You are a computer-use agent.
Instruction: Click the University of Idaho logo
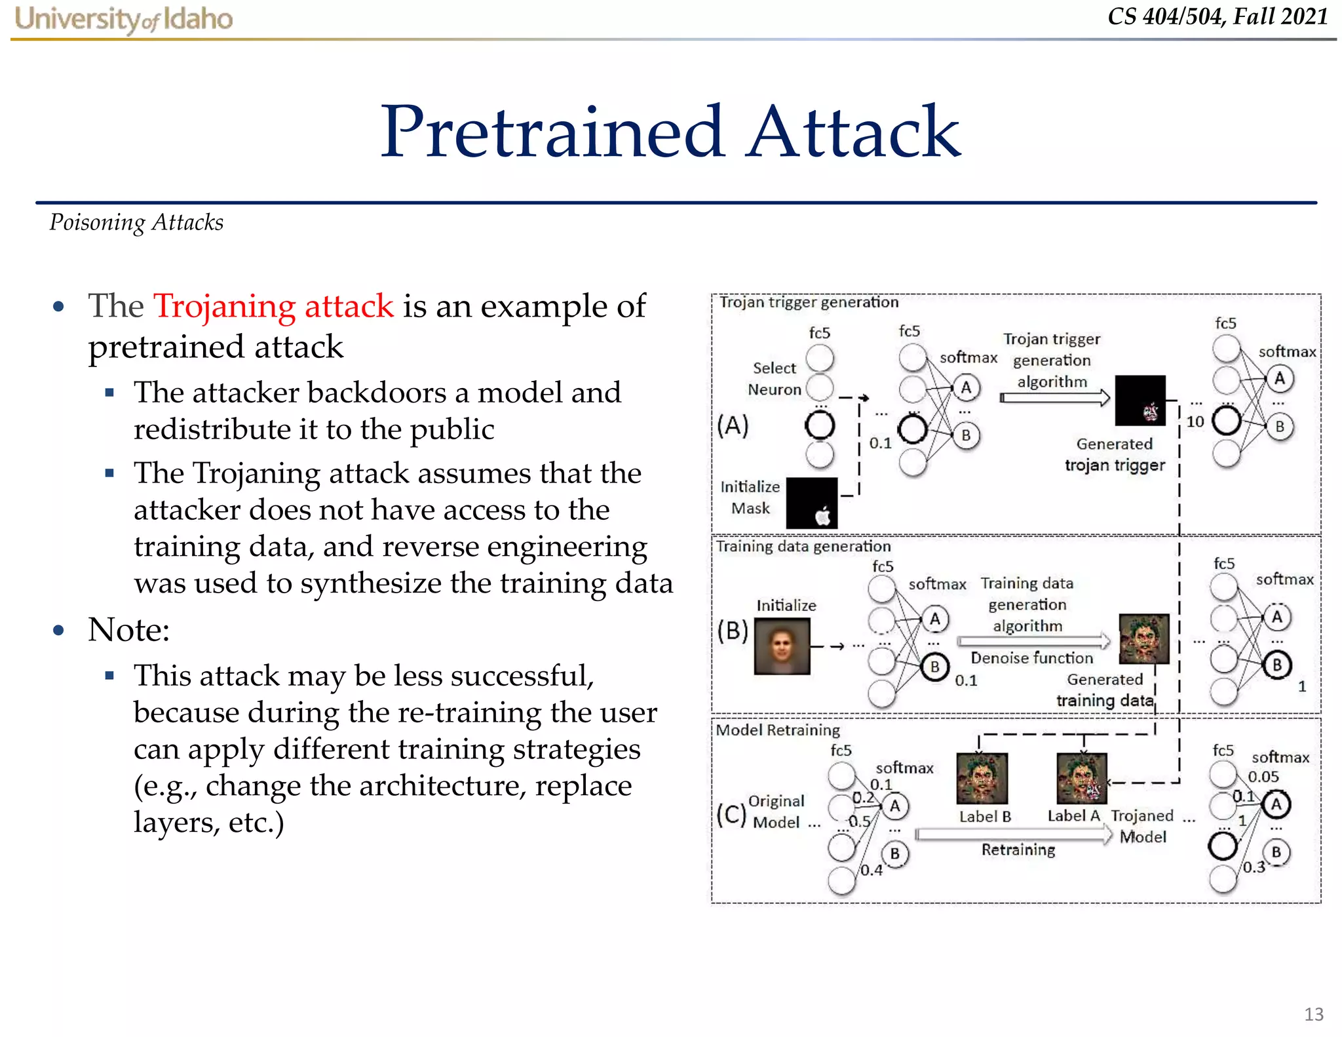tap(123, 18)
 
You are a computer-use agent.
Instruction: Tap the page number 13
tap(1313, 1014)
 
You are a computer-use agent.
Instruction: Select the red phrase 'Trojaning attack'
tap(273, 306)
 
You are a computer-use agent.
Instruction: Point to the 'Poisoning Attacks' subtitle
tap(136, 223)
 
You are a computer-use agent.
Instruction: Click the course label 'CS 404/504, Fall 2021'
tap(1217, 16)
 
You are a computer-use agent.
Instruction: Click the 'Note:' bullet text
tap(129, 630)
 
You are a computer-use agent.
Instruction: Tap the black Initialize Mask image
tap(811, 503)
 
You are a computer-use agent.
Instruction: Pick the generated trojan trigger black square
tap(1140, 401)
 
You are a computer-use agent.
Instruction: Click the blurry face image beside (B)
tap(782, 646)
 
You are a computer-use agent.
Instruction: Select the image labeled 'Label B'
tap(982, 778)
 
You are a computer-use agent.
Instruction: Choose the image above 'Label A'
tap(1081, 778)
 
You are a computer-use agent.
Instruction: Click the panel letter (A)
tap(732, 425)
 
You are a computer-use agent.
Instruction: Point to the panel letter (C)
tap(731, 813)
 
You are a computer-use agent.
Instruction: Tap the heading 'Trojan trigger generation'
tap(809, 302)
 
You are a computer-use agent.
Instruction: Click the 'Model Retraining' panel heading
tap(777, 730)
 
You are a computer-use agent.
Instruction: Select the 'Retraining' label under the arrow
tap(1018, 850)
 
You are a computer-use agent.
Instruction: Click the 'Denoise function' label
tap(1031, 658)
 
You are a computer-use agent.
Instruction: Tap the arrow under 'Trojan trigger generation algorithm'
tap(1054, 397)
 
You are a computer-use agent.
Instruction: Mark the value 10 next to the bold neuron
tap(1195, 421)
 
